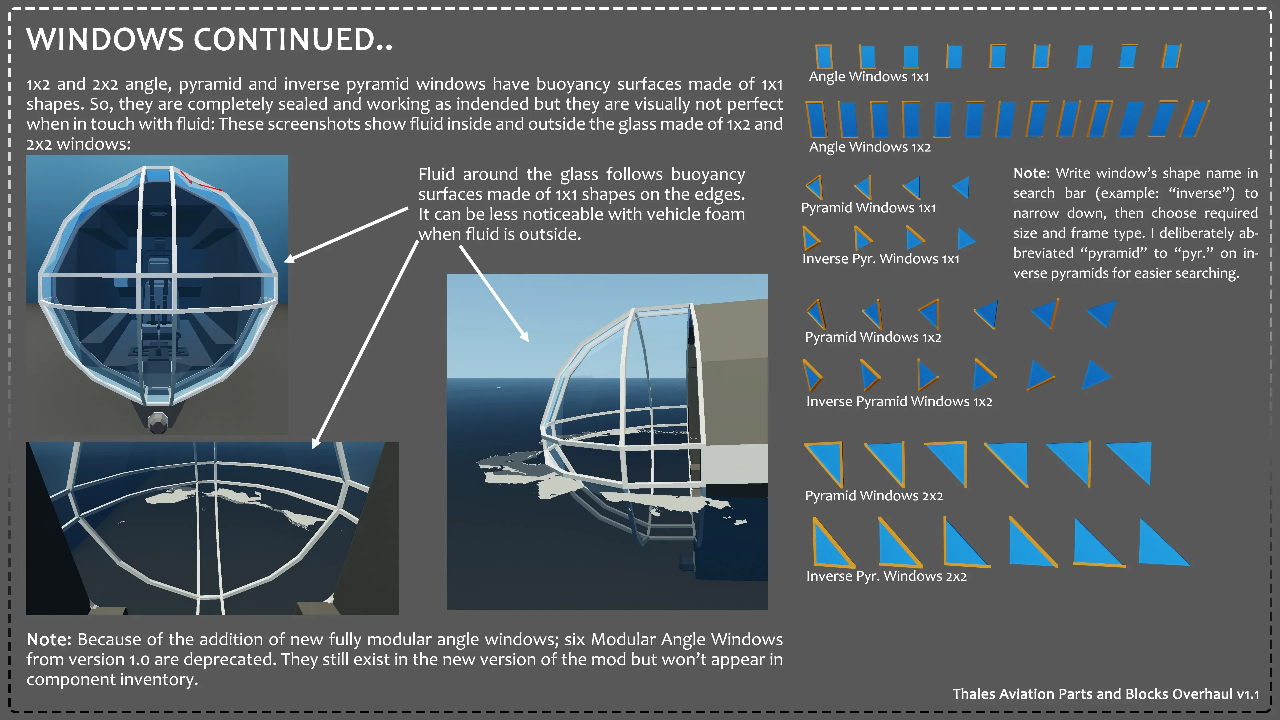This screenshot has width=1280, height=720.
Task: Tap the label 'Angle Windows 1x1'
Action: pos(869,77)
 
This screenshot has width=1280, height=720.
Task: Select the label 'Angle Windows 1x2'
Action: pos(870,147)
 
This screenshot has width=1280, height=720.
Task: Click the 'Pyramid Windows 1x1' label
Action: pos(868,208)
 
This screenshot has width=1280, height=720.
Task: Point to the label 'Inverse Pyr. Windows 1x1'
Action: pos(880,259)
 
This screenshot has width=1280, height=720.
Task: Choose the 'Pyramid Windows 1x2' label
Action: pos(873,337)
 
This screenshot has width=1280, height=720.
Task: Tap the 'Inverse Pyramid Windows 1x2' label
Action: pos(899,401)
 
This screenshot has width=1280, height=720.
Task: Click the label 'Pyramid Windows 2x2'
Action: pos(874,496)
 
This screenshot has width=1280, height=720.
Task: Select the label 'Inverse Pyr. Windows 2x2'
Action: pos(886,576)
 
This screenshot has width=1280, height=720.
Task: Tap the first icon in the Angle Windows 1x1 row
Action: pos(824,57)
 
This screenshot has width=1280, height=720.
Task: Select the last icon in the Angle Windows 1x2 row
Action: pos(1194,119)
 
